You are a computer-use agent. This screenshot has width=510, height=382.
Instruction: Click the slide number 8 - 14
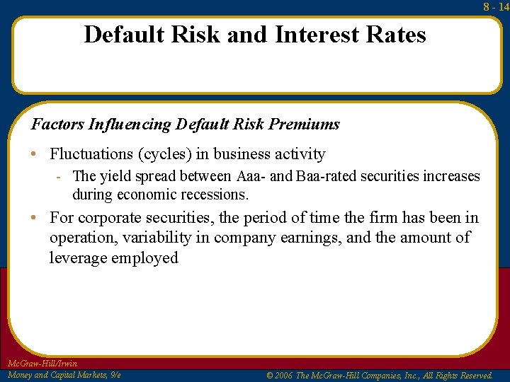[x=496, y=6]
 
